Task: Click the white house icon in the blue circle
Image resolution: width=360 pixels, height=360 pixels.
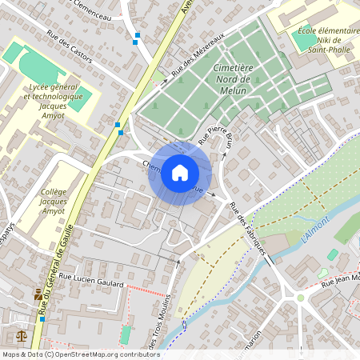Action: tap(180, 173)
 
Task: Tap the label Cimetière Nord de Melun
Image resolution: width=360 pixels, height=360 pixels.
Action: tap(234, 78)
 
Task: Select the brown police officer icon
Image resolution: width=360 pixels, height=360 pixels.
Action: tap(38, 294)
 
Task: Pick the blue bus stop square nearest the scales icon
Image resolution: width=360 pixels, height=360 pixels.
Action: tap(42, 318)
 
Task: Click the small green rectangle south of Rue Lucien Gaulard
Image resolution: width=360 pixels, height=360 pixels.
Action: tap(125, 334)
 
